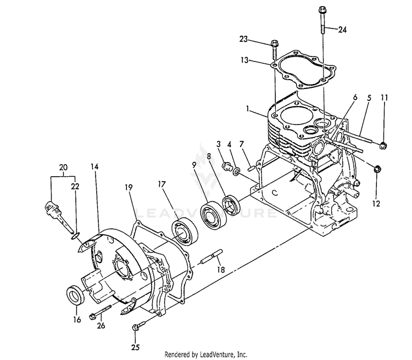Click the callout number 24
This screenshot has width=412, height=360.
pos(342,30)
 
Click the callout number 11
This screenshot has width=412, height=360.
pos(385,98)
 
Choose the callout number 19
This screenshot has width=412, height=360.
pos(129,188)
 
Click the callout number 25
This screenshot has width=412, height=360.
pos(135,347)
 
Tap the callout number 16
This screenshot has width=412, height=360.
pos(76,319)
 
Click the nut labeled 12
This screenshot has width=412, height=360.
pos(377,169)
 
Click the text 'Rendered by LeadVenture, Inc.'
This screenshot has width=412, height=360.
pos(206,355)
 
